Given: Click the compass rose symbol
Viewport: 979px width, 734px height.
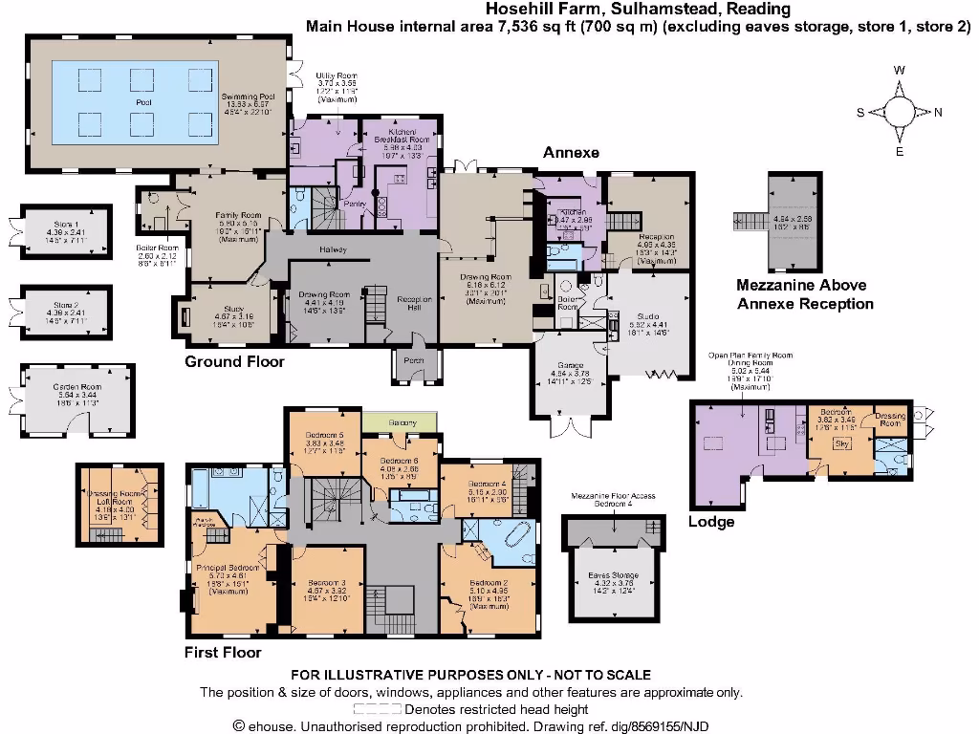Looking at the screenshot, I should point(900,112).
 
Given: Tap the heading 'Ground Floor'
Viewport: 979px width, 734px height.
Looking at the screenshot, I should point(234,362).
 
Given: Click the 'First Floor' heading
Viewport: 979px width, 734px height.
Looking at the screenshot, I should point(223,653).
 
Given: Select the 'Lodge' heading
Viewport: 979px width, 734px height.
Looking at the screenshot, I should point(711,522).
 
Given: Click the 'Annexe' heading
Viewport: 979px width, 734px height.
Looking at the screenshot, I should point(571,153).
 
